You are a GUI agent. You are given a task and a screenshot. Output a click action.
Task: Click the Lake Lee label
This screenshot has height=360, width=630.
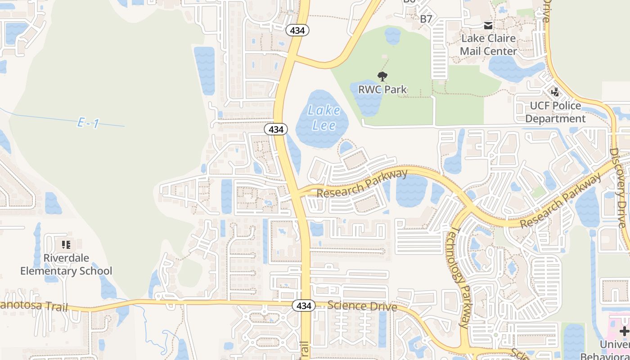[323, 117]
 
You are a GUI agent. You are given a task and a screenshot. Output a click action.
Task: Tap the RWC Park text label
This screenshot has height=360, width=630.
[382, 89]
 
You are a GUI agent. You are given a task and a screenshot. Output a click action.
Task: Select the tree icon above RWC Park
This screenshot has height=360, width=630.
[382, 76]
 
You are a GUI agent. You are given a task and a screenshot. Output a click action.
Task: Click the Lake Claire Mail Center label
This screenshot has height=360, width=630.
[488, 45]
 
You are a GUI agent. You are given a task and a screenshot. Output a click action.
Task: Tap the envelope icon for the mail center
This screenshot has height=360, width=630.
[488, 26]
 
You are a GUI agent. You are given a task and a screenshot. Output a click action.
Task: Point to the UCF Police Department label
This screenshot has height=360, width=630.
[555, 112]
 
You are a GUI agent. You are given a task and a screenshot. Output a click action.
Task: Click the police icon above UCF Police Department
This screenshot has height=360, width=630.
[555, 92]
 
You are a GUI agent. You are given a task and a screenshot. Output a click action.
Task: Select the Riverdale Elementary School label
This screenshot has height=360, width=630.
[66, 264]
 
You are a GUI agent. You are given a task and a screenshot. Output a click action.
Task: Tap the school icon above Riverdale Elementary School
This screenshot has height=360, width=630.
[66, 245]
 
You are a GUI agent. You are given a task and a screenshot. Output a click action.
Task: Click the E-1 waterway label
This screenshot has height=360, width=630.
[88, 123]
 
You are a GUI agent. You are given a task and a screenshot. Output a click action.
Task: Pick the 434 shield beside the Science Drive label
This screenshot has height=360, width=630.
[303, 306]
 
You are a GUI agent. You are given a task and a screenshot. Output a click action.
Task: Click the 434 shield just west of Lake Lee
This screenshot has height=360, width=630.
[275, 129]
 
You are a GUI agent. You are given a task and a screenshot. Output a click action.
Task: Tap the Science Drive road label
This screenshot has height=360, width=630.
[362, 306]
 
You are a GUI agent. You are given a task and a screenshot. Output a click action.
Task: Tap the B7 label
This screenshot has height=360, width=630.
[426, 19]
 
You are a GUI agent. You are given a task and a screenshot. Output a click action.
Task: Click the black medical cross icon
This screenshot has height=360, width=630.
[624, 332]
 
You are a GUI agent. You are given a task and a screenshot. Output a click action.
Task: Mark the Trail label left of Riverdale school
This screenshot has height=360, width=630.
[34, 306]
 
